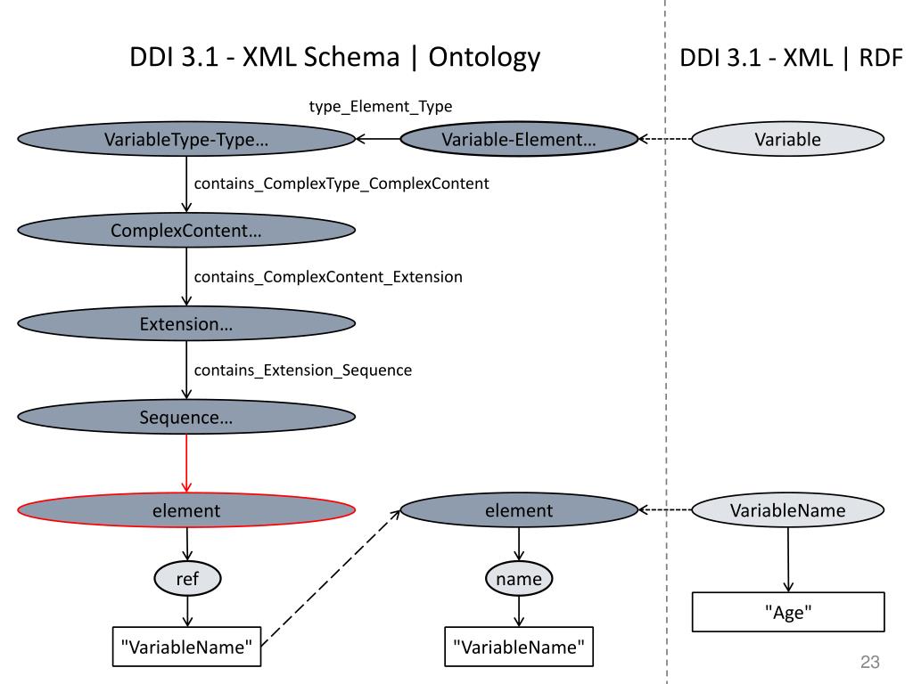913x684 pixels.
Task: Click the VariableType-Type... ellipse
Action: coord(186,139)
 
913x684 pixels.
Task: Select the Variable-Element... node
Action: coord(519,139)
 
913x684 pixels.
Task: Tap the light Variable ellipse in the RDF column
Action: coord(788,139)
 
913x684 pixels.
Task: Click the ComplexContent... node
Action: coord(186,231)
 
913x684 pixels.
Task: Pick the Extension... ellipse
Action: coord(186,323)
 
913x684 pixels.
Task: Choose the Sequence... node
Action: coord(186,417)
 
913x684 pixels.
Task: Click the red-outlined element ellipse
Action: coord(186,510)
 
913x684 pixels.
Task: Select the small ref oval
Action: coord(187,579)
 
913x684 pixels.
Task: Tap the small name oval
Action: coord(519,579)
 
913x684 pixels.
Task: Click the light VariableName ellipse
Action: coord(788,510)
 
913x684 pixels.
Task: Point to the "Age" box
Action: coord(788,612)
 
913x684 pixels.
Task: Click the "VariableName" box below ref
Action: coord(186,647)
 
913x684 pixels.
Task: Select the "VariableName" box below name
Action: coord(519,647)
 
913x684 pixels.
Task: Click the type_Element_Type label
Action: coord(380,107)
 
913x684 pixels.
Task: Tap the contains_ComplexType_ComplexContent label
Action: coord(341,183)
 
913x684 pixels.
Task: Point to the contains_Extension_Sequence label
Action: coord(303,370)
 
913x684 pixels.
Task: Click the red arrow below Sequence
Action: coord(186,463)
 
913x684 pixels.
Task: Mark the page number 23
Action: coord(870,662)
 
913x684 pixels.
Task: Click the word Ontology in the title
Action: coord(484,58)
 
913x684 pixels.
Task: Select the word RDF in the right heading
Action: coord(881,58)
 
